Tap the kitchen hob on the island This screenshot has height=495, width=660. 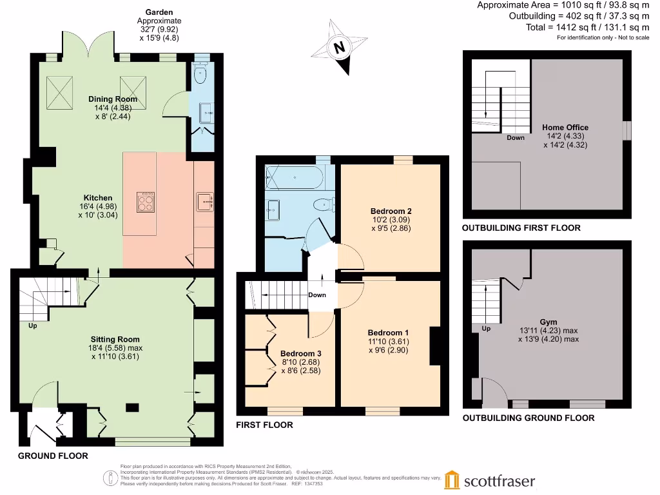(x=145, y=202)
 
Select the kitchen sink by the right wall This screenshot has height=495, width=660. (x=204, y=202)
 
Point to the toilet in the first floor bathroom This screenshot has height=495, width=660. (x=320, y=205)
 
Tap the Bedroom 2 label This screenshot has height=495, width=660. (x=391, y=211)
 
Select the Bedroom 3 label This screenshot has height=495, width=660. (x=300, y=353)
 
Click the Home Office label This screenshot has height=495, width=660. (x=565, y=128)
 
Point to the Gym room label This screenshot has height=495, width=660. (x=548, y=322)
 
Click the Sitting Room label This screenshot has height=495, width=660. (x=115, y=339)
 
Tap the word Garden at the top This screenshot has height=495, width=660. (x=159, y=12)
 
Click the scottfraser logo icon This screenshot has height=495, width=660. (x=452, y=480)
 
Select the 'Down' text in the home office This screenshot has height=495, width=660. (x=515, y=137)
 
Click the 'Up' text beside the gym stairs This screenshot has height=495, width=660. (x=485, y=328)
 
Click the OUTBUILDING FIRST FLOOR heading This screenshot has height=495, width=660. (x=521, y=228)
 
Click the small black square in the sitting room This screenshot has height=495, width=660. (x=131, y=407)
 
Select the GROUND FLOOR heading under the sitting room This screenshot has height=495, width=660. (x=52, y=455)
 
